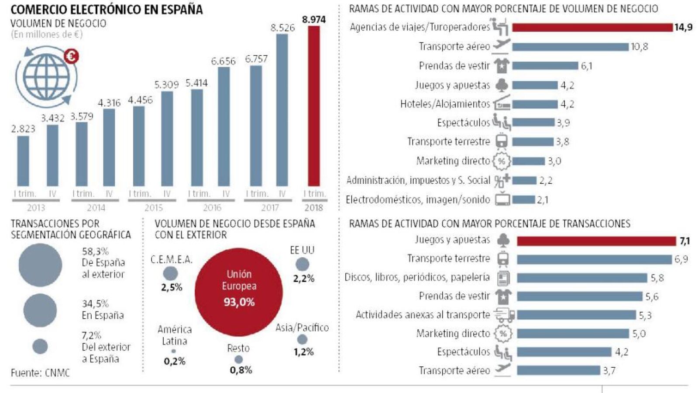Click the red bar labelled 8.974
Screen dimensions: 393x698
tap(314, 106)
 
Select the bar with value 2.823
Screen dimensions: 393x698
tap(23, 161)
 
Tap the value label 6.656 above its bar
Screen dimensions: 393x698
tap(223, 61)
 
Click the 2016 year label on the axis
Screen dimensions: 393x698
tap(212, 208)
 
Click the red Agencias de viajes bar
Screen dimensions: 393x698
tap(592, 28)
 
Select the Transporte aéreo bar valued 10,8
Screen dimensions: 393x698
tap(570, 47)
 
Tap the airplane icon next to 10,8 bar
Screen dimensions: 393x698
tap(501, 45)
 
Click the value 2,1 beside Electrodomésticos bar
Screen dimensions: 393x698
tap(543, 200)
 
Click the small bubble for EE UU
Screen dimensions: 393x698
tap(302, 264)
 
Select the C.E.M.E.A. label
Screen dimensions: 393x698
tap(172, 260)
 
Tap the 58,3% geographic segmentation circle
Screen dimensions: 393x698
tap(40, 265)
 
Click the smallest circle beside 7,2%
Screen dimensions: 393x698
tap(40, 346)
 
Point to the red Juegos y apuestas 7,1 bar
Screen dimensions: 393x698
tap(596, 241)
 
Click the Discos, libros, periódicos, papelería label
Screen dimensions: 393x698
tap(417, 277)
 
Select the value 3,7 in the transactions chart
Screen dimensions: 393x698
tap(609, 371)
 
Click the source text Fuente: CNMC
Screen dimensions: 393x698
tap(40, 373)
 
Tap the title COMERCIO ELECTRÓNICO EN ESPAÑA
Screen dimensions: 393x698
tap(107, 10)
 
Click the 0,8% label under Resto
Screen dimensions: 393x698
tap(241, 370)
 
